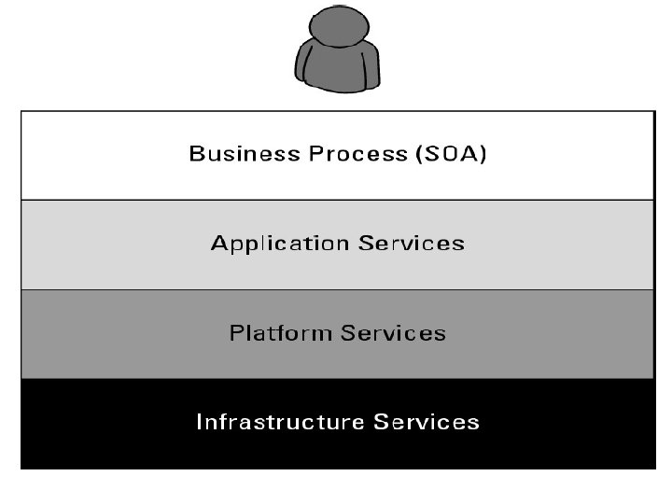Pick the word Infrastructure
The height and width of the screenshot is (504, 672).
click(x=280, y=422)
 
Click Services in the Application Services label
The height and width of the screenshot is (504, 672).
click(x=411, y=244)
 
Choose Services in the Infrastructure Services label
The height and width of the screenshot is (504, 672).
click(x=427, y=422)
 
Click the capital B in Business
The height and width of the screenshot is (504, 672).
click(x=196, y=154)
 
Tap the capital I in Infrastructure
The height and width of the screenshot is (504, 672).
click(x=199, y=422)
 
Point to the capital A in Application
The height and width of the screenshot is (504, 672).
click(x=219, y=244)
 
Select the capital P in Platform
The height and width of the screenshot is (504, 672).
click(x=236, y=333)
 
